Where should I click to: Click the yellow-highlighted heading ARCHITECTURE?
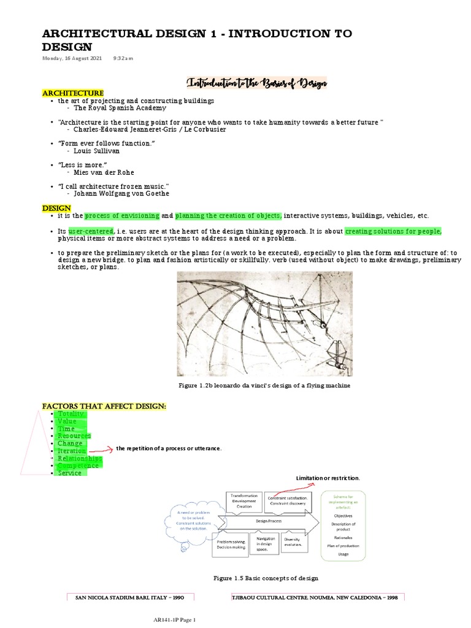(x=72, y=92)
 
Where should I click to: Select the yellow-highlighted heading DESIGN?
(x=56, y=209)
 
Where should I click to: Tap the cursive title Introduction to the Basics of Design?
(x=257, y=82)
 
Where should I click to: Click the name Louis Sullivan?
(x=97, y=150)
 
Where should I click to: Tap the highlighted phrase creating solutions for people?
(x=392, y=231)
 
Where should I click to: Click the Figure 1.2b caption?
(x=265, y=385)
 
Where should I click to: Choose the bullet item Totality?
(x=72, y=414)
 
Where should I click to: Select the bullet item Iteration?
(x=72, y=451)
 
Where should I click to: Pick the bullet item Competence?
(x=78, y=465)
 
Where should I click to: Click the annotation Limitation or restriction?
(x=329, y=477)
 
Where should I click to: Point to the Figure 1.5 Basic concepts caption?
(x=265, y=578)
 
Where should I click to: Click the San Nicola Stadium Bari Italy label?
(x=129, y=597)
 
